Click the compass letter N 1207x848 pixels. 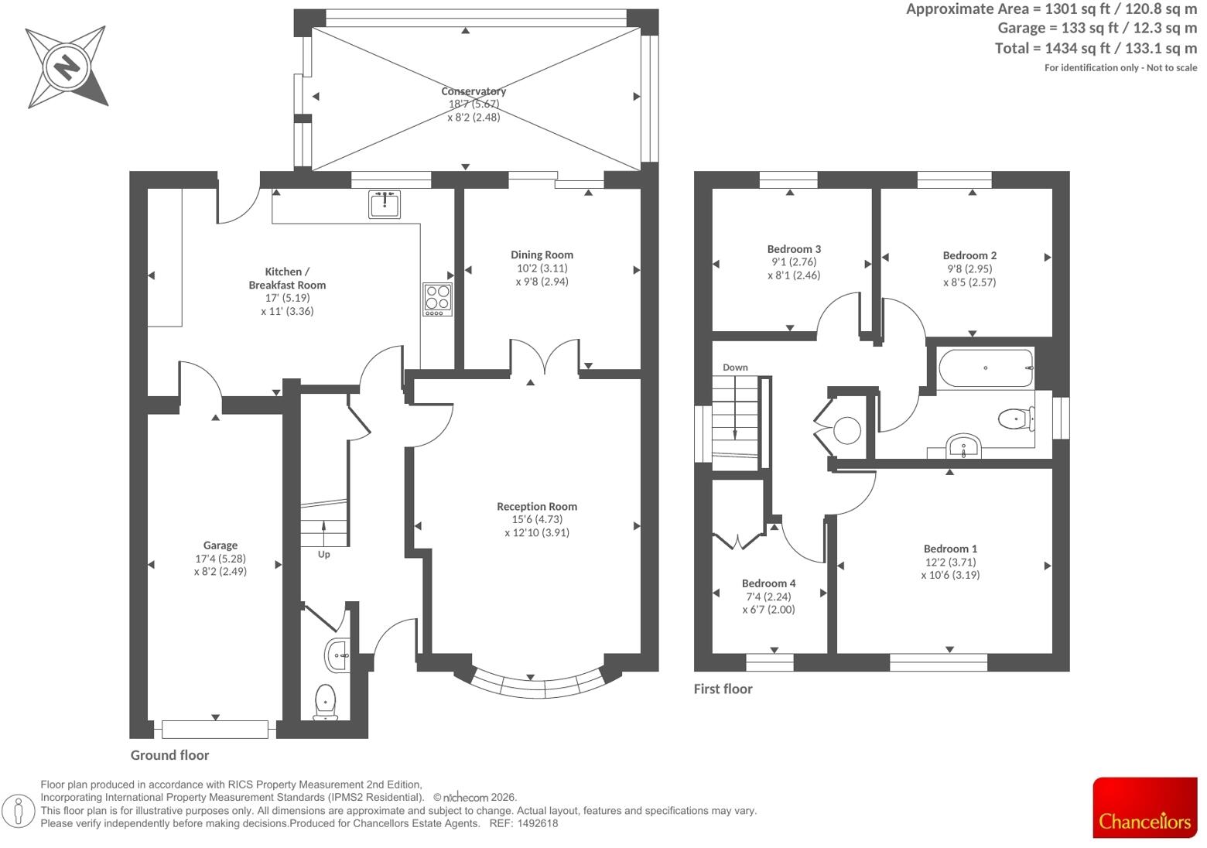click(x=67, y=68)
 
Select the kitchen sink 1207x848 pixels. click(x=385, y=204)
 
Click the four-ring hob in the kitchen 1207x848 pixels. click(x=437, y=299)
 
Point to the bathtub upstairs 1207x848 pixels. click(x=986, y=368)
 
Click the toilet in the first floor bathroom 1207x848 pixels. click(x=1016, y=419)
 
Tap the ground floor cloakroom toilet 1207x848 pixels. click(x=326, y=702)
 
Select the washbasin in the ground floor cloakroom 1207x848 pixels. click(x=337, y=655)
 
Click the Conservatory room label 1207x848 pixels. click(x=473, y=91)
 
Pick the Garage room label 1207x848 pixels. click(x=220, y=545)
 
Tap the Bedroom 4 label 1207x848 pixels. click(x=768, y=583)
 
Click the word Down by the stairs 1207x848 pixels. click(x=735, y=368)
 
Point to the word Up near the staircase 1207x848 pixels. click(x=324, y=555)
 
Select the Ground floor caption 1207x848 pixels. click(x=169, y=755)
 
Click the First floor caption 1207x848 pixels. click(x=723, y=689)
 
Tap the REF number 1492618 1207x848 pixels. click(x=537, y=823)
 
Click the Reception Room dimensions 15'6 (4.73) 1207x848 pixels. click(x=537, y=519)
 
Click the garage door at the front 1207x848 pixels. click(x=215, y=730)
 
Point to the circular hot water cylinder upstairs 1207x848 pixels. click(x=847, y=431)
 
